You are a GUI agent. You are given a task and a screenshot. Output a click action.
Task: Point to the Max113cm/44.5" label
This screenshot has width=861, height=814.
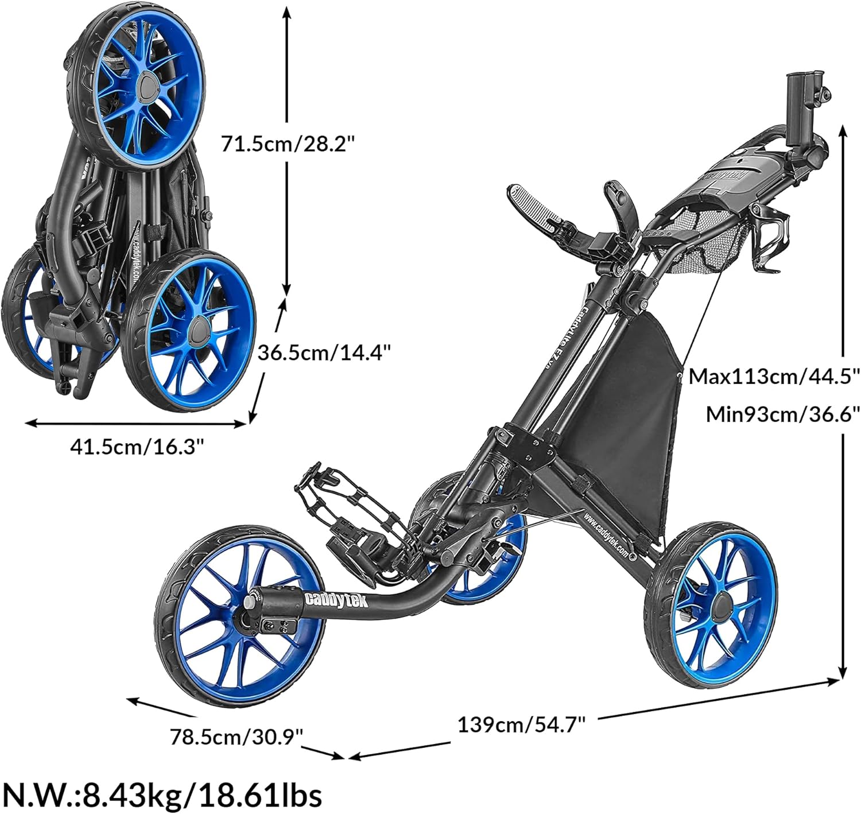[x=774, y=377]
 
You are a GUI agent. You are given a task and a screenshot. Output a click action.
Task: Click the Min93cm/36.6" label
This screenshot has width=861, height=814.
[x=782, y=414]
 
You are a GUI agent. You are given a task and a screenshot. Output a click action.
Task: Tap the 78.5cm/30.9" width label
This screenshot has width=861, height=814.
[x=236, y=736]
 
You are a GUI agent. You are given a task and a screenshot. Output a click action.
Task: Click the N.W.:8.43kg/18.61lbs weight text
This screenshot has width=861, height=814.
[x=162, y=794]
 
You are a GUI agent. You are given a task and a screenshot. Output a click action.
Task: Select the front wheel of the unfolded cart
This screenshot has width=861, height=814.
[x=240, y=616]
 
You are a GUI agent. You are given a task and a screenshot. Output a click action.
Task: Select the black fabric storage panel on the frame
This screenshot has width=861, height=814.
[x=631, y=396]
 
